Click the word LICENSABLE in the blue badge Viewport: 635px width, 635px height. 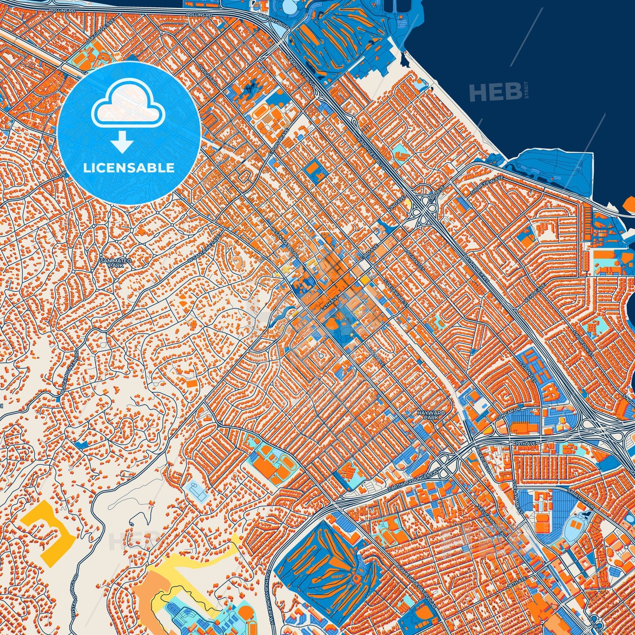(129, 168)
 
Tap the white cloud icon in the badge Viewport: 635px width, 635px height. (128, 105)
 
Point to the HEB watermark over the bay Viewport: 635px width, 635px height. (495, 92)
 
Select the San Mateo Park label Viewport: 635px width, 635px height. (116, 263)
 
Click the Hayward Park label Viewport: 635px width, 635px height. (431, 415)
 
